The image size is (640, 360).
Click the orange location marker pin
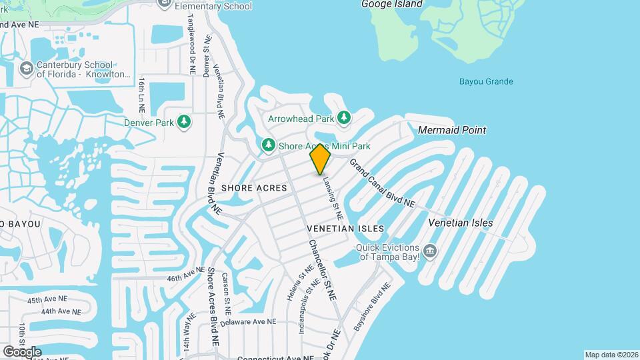tap(320, 159)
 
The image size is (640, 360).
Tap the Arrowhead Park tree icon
tap(344, 119)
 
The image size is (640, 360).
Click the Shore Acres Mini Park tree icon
tap(268, 145)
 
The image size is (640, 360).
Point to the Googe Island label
tap(392, 4)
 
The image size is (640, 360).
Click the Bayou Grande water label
tap(486, 82)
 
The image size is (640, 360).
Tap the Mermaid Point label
tap(452, 130)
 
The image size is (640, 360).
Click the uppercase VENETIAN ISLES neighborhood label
tap(345, 229)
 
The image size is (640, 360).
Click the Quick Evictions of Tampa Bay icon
tap(430, 251)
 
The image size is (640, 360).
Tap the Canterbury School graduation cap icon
tap(25, 69)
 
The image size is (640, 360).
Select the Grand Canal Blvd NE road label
tap(382, 183)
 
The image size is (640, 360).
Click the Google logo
tap(22, 351)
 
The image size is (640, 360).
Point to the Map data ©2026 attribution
tap(611, 355)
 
